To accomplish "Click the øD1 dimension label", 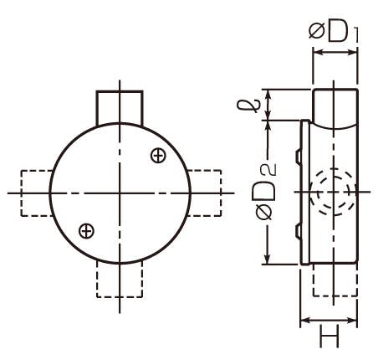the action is point(334,32).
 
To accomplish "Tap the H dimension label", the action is point(329,336).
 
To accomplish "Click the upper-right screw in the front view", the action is point(158,156).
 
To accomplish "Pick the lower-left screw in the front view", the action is point(86,231).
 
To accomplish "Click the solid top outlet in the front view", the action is point(120,107).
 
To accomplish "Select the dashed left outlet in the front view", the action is point(37,193).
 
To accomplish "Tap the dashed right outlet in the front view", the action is point(205,193).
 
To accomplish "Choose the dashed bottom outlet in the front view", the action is point(120,280).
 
